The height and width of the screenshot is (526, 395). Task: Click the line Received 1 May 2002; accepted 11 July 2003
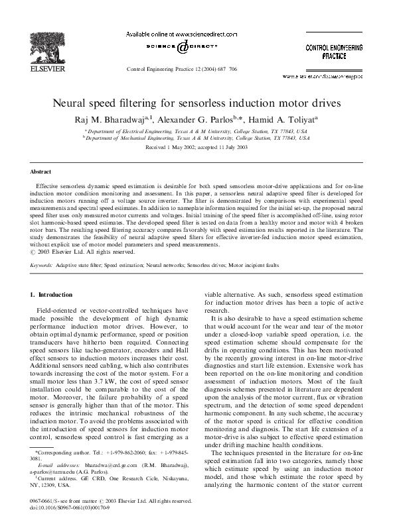point(197,148)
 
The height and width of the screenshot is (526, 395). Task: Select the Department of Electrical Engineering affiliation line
point(197,131)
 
